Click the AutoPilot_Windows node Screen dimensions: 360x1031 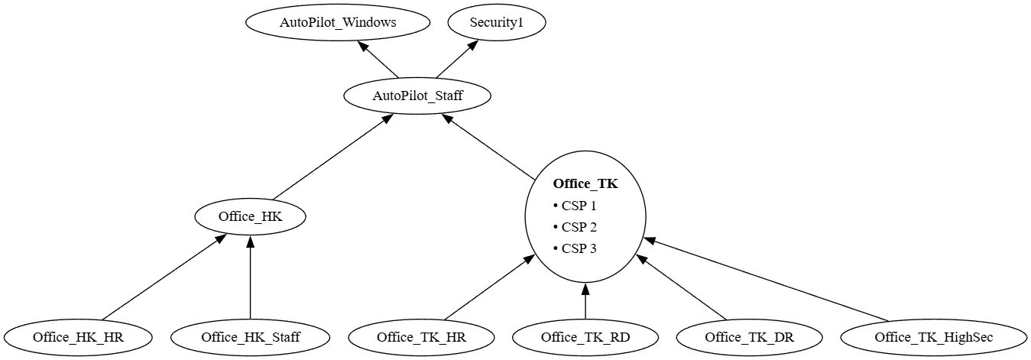coord(338,22)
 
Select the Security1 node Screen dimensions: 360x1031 coord(497,22)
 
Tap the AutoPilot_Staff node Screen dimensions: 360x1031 coord(417,96)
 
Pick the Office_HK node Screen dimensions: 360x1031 coord(250,216)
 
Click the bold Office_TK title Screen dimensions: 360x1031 coord(585,183)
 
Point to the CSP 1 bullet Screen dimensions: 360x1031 coord(574,206)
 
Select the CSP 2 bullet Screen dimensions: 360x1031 coord(574,227)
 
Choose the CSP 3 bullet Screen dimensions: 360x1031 coord(574,248)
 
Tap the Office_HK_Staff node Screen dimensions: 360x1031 coord(251,336)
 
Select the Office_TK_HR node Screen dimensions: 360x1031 coord(421,336)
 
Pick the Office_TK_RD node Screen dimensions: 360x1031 coord(585,336)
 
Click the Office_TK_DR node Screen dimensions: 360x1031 coord(749,336)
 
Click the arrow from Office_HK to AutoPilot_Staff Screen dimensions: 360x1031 coord(333,157)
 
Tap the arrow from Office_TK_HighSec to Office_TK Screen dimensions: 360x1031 coord(764,281)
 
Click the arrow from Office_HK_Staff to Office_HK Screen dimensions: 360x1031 coord(251,279)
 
